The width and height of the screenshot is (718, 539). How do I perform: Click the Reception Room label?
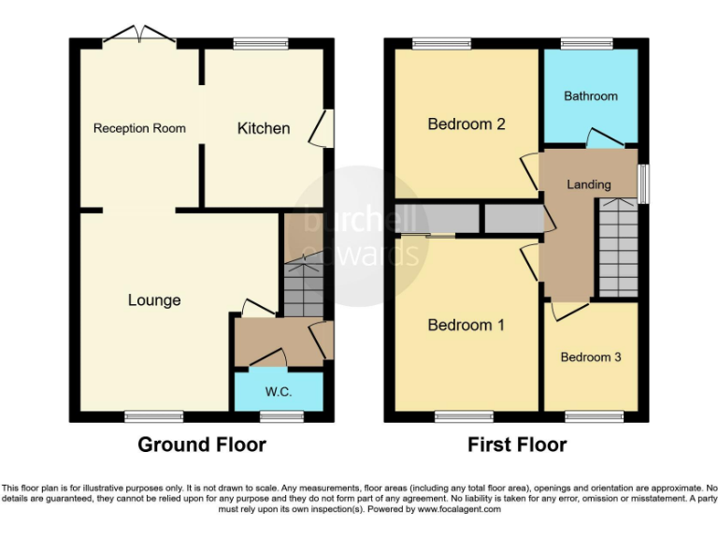tap(139, 128)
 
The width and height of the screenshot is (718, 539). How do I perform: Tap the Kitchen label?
tap(263, 128)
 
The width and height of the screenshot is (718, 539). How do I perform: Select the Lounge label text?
tap(154, 300)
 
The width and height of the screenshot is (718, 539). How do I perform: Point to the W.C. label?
tap(279, 392)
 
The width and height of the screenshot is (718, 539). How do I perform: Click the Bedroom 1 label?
tap(466, 325)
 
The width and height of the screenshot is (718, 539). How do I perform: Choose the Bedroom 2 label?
tap(467, 124)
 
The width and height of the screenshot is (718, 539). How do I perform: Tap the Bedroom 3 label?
tap(591, 357)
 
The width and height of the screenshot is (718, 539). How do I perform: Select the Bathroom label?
tap(591, 96)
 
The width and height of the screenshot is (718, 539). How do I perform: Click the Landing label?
tap(589, 184)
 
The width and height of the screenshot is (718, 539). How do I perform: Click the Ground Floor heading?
tap(202, 444)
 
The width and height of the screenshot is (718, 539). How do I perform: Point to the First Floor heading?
tap(517, 444)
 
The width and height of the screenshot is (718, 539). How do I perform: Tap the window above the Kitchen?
tap(260, 42)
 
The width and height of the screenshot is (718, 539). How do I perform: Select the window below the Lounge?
tap(154, 416)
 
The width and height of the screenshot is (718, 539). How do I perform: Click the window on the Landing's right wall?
tap(643, 183)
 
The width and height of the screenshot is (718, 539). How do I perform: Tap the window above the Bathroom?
tap(586, 42)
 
